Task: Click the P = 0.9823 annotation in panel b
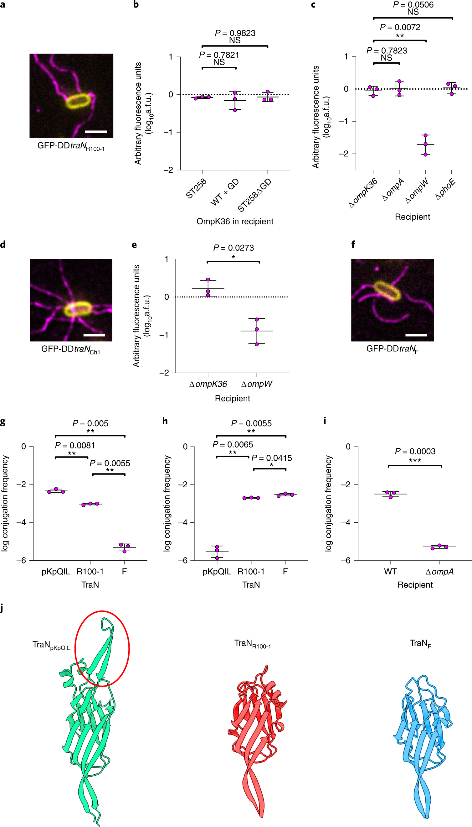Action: [235, 33]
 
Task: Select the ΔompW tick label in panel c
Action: [417, 191]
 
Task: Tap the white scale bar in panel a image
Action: [96, 132]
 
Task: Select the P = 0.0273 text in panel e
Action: [233, 248]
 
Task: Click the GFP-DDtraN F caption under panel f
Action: [392, 349]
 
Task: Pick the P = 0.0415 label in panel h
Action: [272, 458]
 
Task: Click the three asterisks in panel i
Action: [415, 460]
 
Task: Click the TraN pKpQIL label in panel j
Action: [51, 645]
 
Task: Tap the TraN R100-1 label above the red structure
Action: [253, 644]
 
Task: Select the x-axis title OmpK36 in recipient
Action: [235, 221]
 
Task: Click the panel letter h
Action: [165, 421]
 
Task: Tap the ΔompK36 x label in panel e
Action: [208, 384]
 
